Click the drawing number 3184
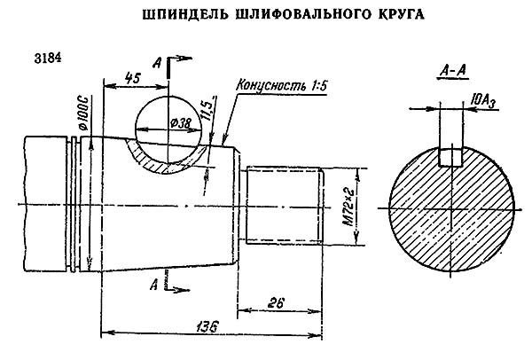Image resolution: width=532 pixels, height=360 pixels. point(47,60)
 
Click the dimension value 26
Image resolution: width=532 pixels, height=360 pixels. point(276,303)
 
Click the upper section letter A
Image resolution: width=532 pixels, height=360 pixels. point(157,63)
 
